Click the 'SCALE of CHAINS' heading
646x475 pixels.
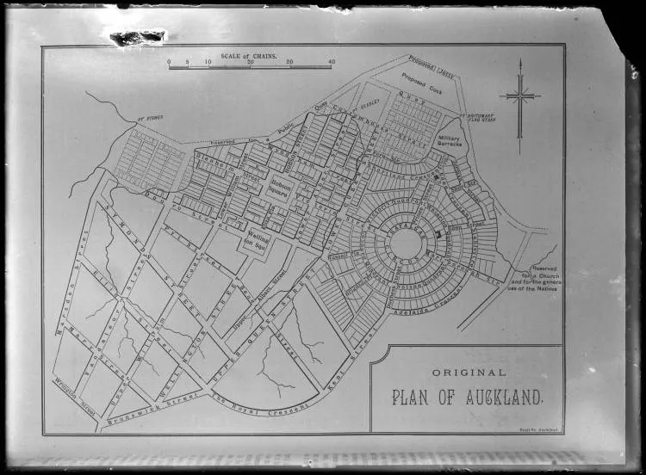pos(249,56)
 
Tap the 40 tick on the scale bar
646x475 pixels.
pos(332,63)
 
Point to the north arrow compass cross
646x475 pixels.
pos(520,96)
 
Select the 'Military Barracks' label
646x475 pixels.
pos(450,141)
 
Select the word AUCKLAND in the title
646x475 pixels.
pos(500,398)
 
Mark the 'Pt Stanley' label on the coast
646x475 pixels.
pos(151,118)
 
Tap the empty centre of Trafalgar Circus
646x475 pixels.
pos(405,243)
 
